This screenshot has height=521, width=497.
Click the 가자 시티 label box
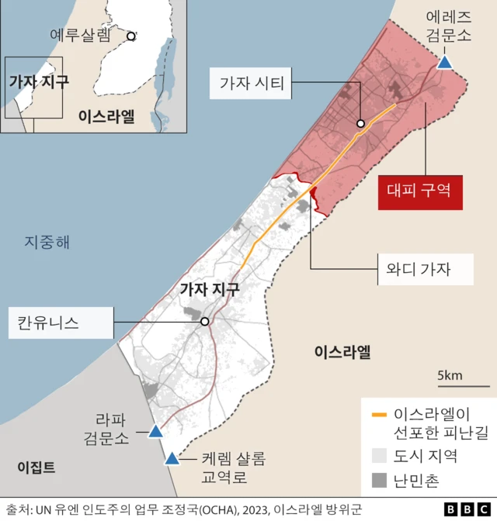click(252, 83)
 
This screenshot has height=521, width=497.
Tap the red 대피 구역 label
click(420, 189)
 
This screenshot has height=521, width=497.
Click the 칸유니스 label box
click(59, 322)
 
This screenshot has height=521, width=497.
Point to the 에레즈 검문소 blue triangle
click(445, 62)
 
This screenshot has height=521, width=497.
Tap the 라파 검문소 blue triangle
click(155, 431)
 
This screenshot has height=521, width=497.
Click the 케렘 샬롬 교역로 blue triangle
click(172, 458)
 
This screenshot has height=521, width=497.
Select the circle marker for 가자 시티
click(360, 123)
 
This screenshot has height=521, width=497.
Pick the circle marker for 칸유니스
click(204, 322)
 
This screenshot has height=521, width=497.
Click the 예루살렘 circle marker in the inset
click(131, 36)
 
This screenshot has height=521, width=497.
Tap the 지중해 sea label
click(46, 243)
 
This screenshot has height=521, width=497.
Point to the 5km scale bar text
click(450, 376)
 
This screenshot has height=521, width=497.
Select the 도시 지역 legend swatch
click(379, 455)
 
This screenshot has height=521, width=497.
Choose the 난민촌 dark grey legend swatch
click(379, 481)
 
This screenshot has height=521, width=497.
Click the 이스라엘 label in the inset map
click(106, 116)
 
